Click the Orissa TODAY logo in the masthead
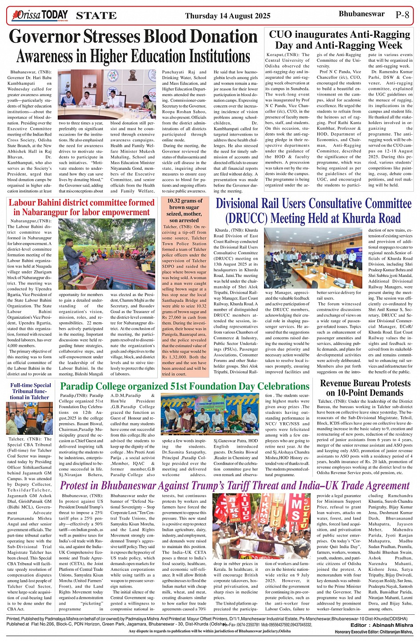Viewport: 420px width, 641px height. point(41,16)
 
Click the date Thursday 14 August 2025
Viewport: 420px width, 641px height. point(228,16)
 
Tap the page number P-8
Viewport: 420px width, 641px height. point(402,15)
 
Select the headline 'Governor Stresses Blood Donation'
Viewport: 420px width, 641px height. point(133,36)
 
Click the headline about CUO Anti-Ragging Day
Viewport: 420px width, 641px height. point(339,40)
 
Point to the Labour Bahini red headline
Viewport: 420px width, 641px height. point(81,208)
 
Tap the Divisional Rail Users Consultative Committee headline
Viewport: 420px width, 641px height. point(313,211)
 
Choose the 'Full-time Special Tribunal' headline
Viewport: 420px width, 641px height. point(31,391)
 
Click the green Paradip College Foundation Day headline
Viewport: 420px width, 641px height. point(184,386)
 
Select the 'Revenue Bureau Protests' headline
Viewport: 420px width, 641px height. point(365,388)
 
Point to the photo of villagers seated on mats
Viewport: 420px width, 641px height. point(107,254)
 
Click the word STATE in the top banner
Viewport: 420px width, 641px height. point(96,16)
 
